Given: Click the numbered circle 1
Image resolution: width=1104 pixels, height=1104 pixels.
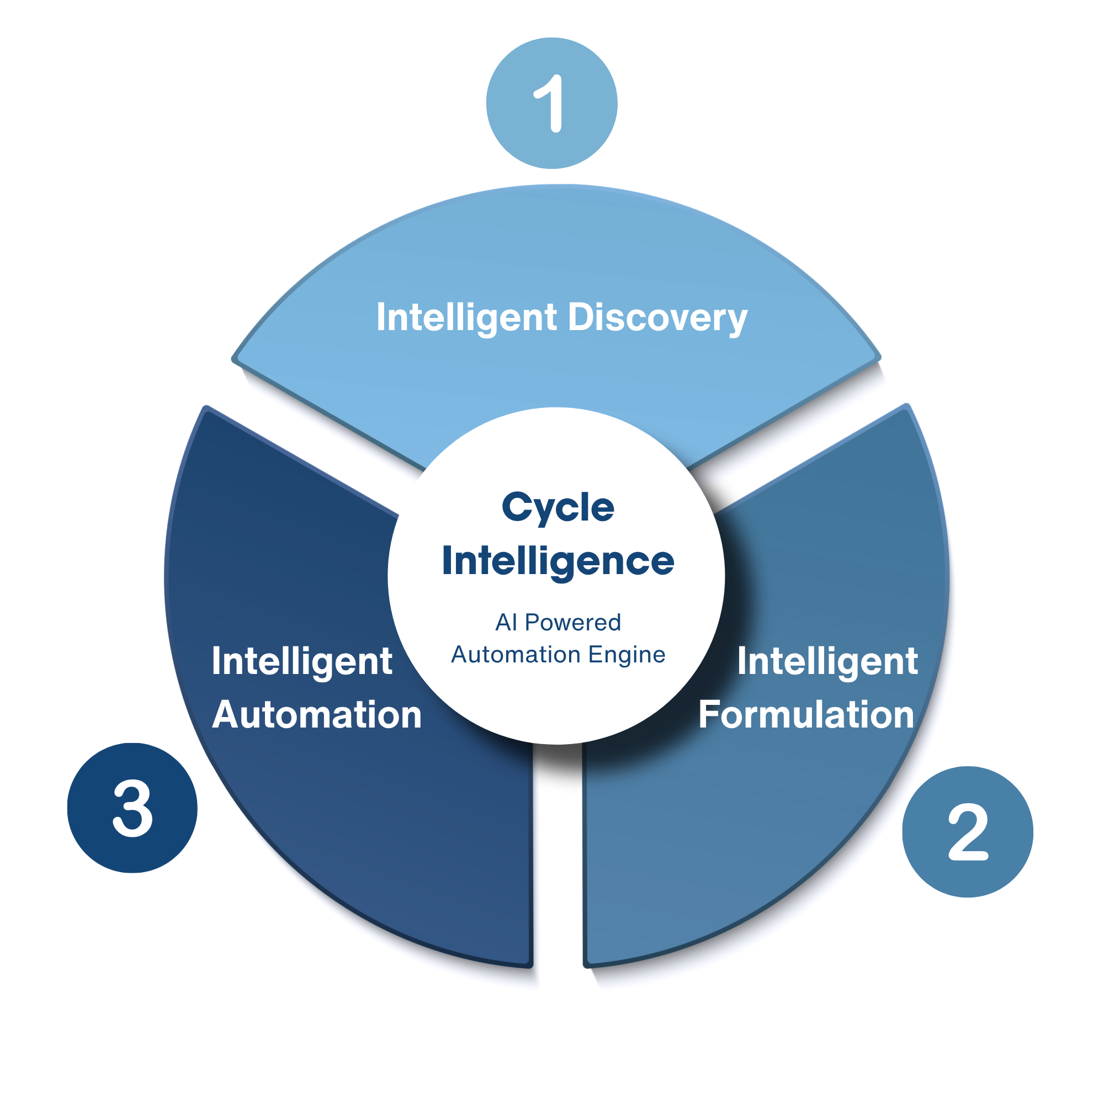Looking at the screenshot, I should click(551, 103).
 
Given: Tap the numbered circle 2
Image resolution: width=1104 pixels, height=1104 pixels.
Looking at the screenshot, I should click(968, 831).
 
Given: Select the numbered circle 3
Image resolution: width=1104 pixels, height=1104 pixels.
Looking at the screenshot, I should click(132, 808).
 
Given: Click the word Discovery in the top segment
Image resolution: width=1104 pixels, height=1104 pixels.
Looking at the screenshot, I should click(657, 319).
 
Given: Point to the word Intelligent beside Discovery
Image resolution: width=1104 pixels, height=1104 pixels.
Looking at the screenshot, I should click(466, 319).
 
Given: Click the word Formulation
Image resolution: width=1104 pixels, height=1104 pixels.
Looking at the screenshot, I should click(806, 715).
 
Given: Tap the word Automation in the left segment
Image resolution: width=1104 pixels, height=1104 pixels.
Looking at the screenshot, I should click(316, 715).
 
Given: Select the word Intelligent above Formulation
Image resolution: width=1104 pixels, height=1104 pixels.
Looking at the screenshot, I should click(827, 661).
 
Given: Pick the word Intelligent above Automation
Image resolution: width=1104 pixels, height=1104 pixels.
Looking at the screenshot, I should click(302, 661).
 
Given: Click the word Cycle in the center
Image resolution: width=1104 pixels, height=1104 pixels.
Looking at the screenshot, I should click(558, 507).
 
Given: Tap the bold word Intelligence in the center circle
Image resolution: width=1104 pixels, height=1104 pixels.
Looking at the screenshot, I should click(558, 562).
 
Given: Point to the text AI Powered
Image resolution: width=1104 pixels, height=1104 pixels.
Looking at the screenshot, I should click(558, 622).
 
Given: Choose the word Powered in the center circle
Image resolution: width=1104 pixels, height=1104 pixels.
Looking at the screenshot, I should click(572, 622).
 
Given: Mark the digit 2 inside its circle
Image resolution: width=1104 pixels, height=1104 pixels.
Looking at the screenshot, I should click(968, 832).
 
